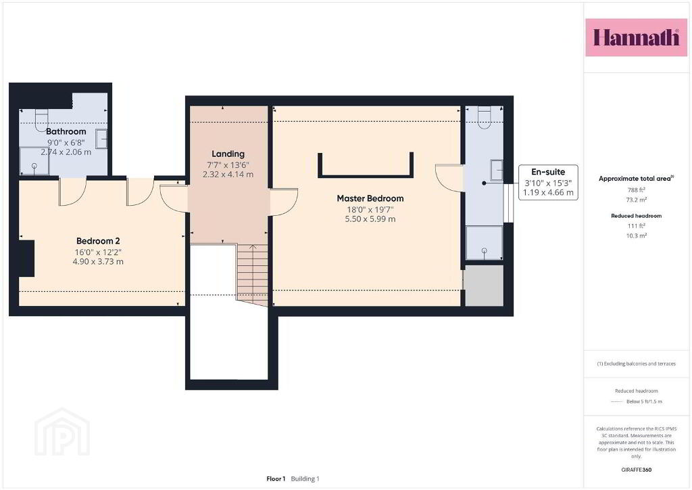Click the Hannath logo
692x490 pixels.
636,37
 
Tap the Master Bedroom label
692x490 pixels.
370,198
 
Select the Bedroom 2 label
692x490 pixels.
98,241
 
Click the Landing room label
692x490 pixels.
228,154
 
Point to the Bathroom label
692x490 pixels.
66,131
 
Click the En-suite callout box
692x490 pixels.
548,182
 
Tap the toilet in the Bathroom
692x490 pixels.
41,119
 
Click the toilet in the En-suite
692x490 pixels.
484,118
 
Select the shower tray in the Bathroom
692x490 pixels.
34,161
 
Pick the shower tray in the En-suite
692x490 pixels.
484,243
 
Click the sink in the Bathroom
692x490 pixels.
101,139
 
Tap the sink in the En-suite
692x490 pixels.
497,170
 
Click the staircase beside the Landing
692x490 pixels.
253,275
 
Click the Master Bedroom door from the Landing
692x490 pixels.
284,202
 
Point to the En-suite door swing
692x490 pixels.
449,177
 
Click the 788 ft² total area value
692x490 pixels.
637,190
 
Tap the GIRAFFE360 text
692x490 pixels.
637,470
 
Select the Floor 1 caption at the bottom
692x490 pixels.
276,478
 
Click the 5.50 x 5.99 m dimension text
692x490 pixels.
370,219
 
